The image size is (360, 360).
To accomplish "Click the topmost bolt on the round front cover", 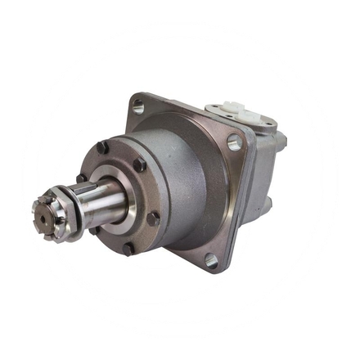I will pyautogui.click(x=103, y=147).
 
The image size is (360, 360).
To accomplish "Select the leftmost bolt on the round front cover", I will pyautogui.click(x=82, y=178).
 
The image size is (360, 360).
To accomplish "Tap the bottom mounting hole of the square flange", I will pyautogui.click(x=211, y=261).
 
